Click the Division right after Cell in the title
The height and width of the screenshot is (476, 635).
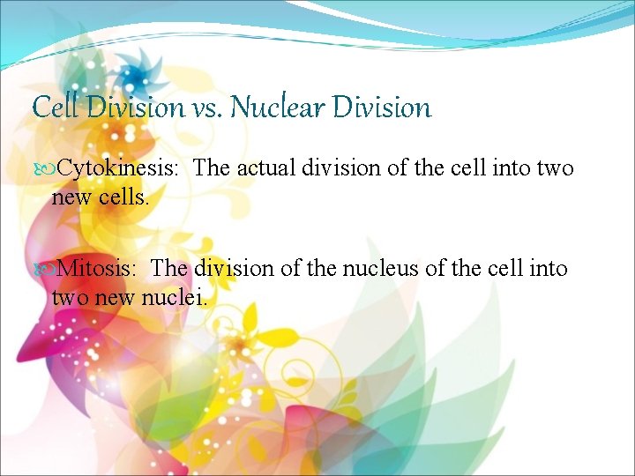pyautogui.click(x=133, y=108)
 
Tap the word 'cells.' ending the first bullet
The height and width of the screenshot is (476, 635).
pyautogui.click(x=125, y=198)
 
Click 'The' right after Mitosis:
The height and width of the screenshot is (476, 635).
pyautogui.click(x=170, y=269)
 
